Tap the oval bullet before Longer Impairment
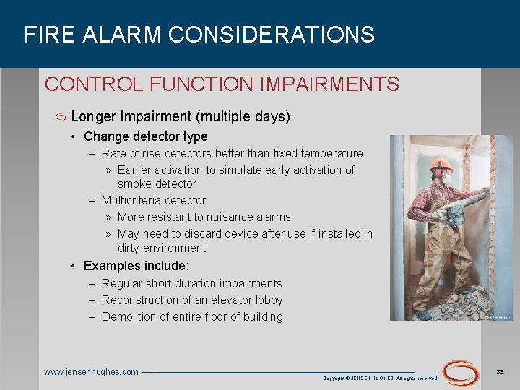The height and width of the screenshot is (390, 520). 60,117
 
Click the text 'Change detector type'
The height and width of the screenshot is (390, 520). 145,136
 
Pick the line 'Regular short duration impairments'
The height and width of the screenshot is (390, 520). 191,283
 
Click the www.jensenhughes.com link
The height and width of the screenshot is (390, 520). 91,372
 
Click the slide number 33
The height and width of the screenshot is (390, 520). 500,371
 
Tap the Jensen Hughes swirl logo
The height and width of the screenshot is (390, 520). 460,372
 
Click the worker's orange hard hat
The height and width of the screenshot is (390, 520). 440,163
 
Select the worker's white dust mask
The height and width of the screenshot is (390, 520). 446,178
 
